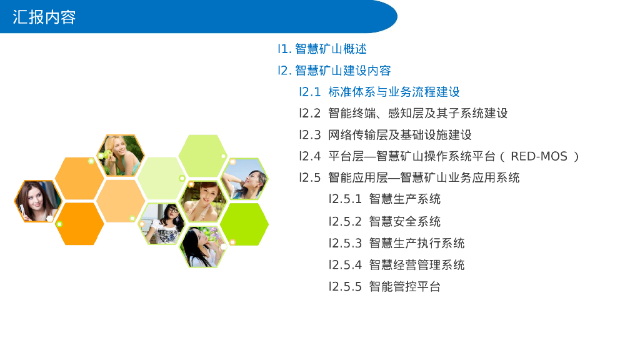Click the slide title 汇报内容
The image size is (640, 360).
coord(44,17)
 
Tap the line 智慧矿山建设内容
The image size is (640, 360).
coord(342,71)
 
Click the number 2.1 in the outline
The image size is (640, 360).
coord(311,92)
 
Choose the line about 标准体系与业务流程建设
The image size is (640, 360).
coord(394,92)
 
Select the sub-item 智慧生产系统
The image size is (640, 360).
coord(404,199)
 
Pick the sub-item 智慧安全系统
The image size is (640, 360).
coord(404,221)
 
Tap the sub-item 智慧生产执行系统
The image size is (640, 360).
coord(416,243)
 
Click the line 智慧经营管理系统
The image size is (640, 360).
coord(416,264)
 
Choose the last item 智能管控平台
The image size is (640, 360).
coord(404,287)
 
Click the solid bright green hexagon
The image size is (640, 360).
coord(244,224)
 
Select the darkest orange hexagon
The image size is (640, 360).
coord(79,224)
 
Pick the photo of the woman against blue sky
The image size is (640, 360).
coord(245,179)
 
